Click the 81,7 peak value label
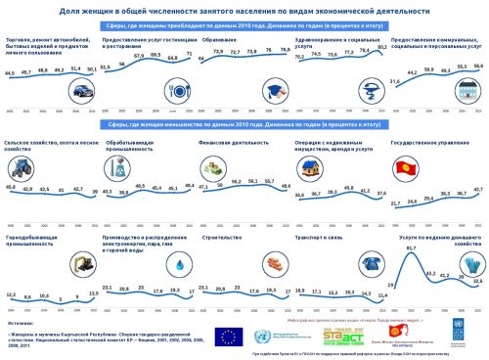click(412, 222)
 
